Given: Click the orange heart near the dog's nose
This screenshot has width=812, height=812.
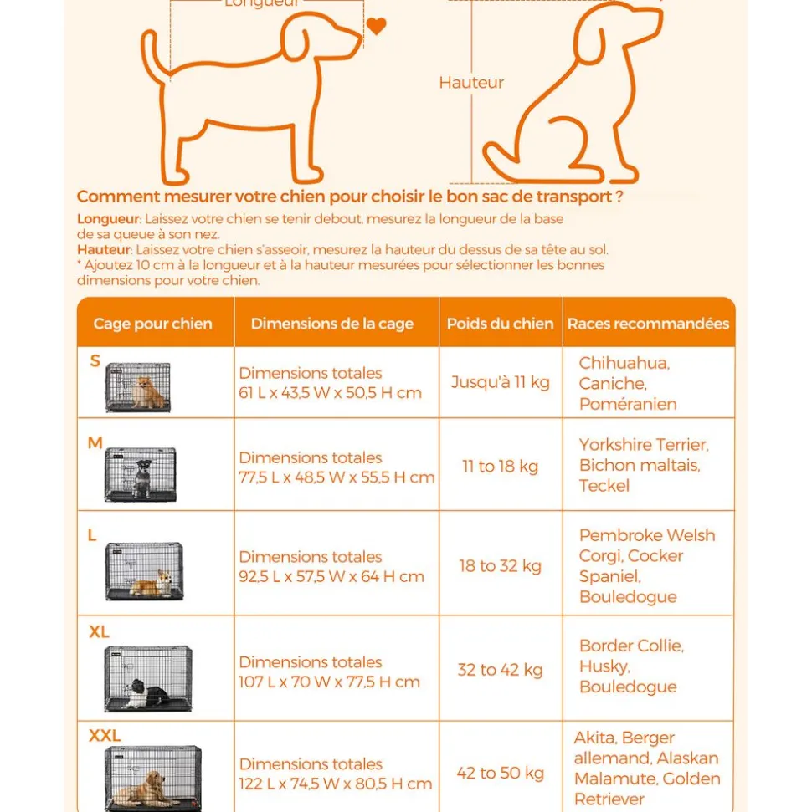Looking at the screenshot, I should (x=377, y=26).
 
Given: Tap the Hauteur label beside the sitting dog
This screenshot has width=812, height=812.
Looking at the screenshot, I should (x=471, y=83).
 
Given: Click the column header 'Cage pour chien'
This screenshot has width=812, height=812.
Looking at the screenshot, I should (x=153, y=324).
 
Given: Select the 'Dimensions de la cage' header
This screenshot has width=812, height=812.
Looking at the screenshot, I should (x=332, y=324).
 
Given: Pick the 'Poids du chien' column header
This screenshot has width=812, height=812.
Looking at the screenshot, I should (x=500, y=324).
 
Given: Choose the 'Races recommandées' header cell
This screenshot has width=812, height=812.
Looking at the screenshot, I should (x=648, y=324).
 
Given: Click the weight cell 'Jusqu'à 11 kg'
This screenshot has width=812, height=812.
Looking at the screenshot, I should (x=500, y=382).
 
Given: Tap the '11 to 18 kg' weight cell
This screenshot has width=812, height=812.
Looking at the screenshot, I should (x=500, y=466).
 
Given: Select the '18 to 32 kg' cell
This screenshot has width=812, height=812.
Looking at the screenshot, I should (x=500, y=566).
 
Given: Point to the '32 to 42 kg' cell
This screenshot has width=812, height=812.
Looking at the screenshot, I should (x=500, y=670).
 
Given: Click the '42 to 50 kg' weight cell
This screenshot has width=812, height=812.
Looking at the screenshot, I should (x=500, y=774).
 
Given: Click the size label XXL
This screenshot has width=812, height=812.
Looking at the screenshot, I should (x=105, y=736).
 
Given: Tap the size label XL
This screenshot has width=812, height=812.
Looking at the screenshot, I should (x=99, y=632).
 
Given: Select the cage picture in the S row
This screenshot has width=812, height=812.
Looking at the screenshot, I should (x=138, y=387).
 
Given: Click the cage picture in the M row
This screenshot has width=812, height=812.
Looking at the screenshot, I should (x=141, y=474).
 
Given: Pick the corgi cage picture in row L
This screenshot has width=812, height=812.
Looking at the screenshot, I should (x=144, y=571).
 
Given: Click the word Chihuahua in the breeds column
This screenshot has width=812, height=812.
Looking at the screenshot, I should (x=624, y=363).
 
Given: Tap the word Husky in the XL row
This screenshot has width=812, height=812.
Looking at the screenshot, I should (x=604, y=666).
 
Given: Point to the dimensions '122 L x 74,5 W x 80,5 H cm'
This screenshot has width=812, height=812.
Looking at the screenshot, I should (x=335, y=784).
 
